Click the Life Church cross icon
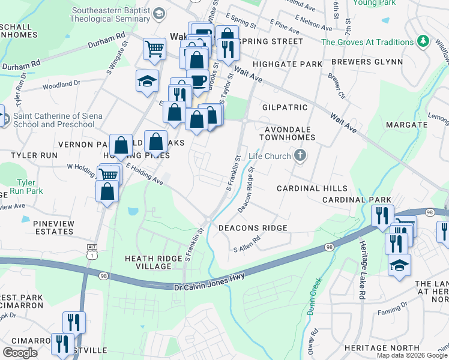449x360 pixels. tap(300, 156)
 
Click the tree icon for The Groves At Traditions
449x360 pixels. tap(424, 41)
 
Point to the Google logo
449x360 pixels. tap(20, 353)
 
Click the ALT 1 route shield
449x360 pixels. tap(92, 251)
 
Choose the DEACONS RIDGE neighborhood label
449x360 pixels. tap(253, 228)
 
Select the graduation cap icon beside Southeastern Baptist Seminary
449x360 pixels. tap(159, 13)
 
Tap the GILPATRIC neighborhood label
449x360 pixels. tap(285, 107)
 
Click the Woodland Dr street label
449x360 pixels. tap(58, 85)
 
